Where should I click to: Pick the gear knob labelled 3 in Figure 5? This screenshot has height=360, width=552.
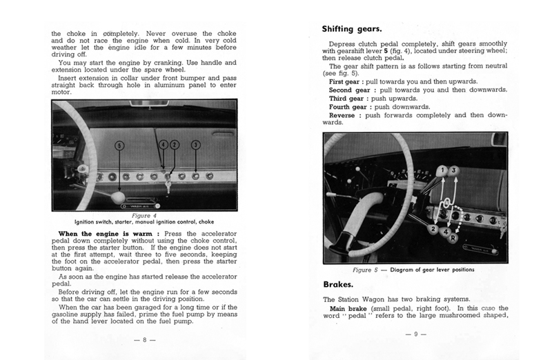pyautogui.click(x=454, y=171)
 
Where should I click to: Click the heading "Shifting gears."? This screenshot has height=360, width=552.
pyautogui.click(x=352, y=29)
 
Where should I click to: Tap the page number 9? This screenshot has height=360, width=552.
pyautogui.click(x=416, y=334)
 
